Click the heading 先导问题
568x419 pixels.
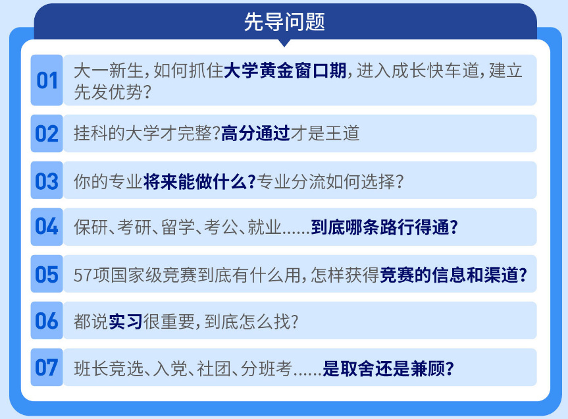tap(284, 22)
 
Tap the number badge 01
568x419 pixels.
tap(47, 80)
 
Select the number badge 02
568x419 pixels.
tap(47, 134)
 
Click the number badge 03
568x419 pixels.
tap(47, 181)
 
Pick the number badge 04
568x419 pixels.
tap(47, 227)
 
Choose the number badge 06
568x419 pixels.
tap(47, 321)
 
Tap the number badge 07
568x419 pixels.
tap(47, 368)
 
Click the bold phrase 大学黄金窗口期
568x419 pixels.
tap(285, 70)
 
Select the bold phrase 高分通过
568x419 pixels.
tap(255, 134)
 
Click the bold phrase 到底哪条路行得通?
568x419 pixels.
tap(384, 227)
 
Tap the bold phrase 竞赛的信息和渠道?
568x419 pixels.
tap(453, 274)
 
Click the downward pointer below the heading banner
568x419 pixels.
tap(284, 43)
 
